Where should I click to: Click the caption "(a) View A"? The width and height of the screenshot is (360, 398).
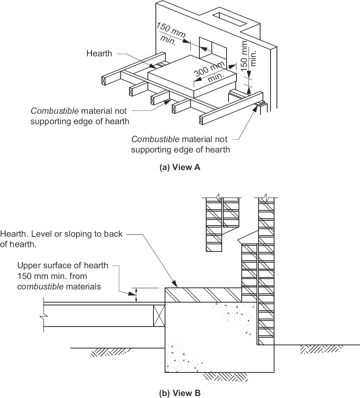(180, 168)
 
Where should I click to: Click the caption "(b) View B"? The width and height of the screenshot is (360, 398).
(180, 393)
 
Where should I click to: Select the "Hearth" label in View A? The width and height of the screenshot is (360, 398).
(99, 53)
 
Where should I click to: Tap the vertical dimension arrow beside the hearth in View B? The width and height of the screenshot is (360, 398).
(136, 295)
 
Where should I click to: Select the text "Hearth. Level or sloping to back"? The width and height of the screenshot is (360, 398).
(62, 234)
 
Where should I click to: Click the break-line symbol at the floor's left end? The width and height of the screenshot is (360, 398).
(43, 316)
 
